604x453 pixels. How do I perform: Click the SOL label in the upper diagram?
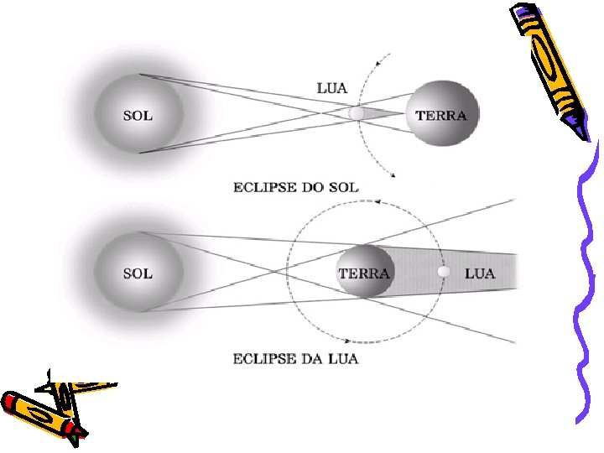[x=138, y=115]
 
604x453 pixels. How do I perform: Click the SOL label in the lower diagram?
[x=138, y=273]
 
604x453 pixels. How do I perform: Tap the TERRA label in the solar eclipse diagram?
[x=441, y=115]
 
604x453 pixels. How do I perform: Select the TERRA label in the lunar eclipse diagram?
[x=364, y=273]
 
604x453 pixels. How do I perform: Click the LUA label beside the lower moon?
[x=480, y=273]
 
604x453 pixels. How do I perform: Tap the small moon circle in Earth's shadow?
[x=445, y=273]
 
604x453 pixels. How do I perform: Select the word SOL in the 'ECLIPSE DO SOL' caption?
[x=343, y=187]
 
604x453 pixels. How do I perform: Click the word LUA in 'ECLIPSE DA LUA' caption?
[x=343, y=359]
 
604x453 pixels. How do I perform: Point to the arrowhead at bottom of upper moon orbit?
[x=391, y=174]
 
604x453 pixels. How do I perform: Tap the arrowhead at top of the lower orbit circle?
[x=378, y=202]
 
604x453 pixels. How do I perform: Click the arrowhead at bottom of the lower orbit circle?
[x=346, y=341]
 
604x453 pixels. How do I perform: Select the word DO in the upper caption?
[x=311, y=187]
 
